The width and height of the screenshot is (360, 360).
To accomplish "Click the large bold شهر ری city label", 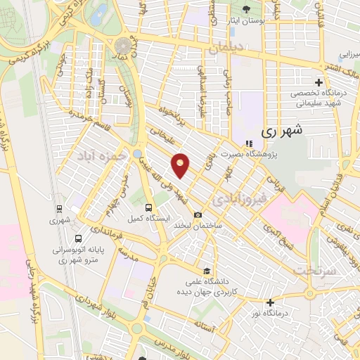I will click(x=281, y=130).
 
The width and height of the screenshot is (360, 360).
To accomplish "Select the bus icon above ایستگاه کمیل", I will click(x=148, y=207).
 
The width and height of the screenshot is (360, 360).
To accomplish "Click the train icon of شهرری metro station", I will click(x=58, y=208).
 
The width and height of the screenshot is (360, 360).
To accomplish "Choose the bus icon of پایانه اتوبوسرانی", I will click(x=77, y=238).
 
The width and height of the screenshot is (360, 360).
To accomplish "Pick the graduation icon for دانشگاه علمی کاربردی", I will click(x=206, y=271).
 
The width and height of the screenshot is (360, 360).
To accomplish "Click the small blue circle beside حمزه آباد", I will click(x=137, y=153).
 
